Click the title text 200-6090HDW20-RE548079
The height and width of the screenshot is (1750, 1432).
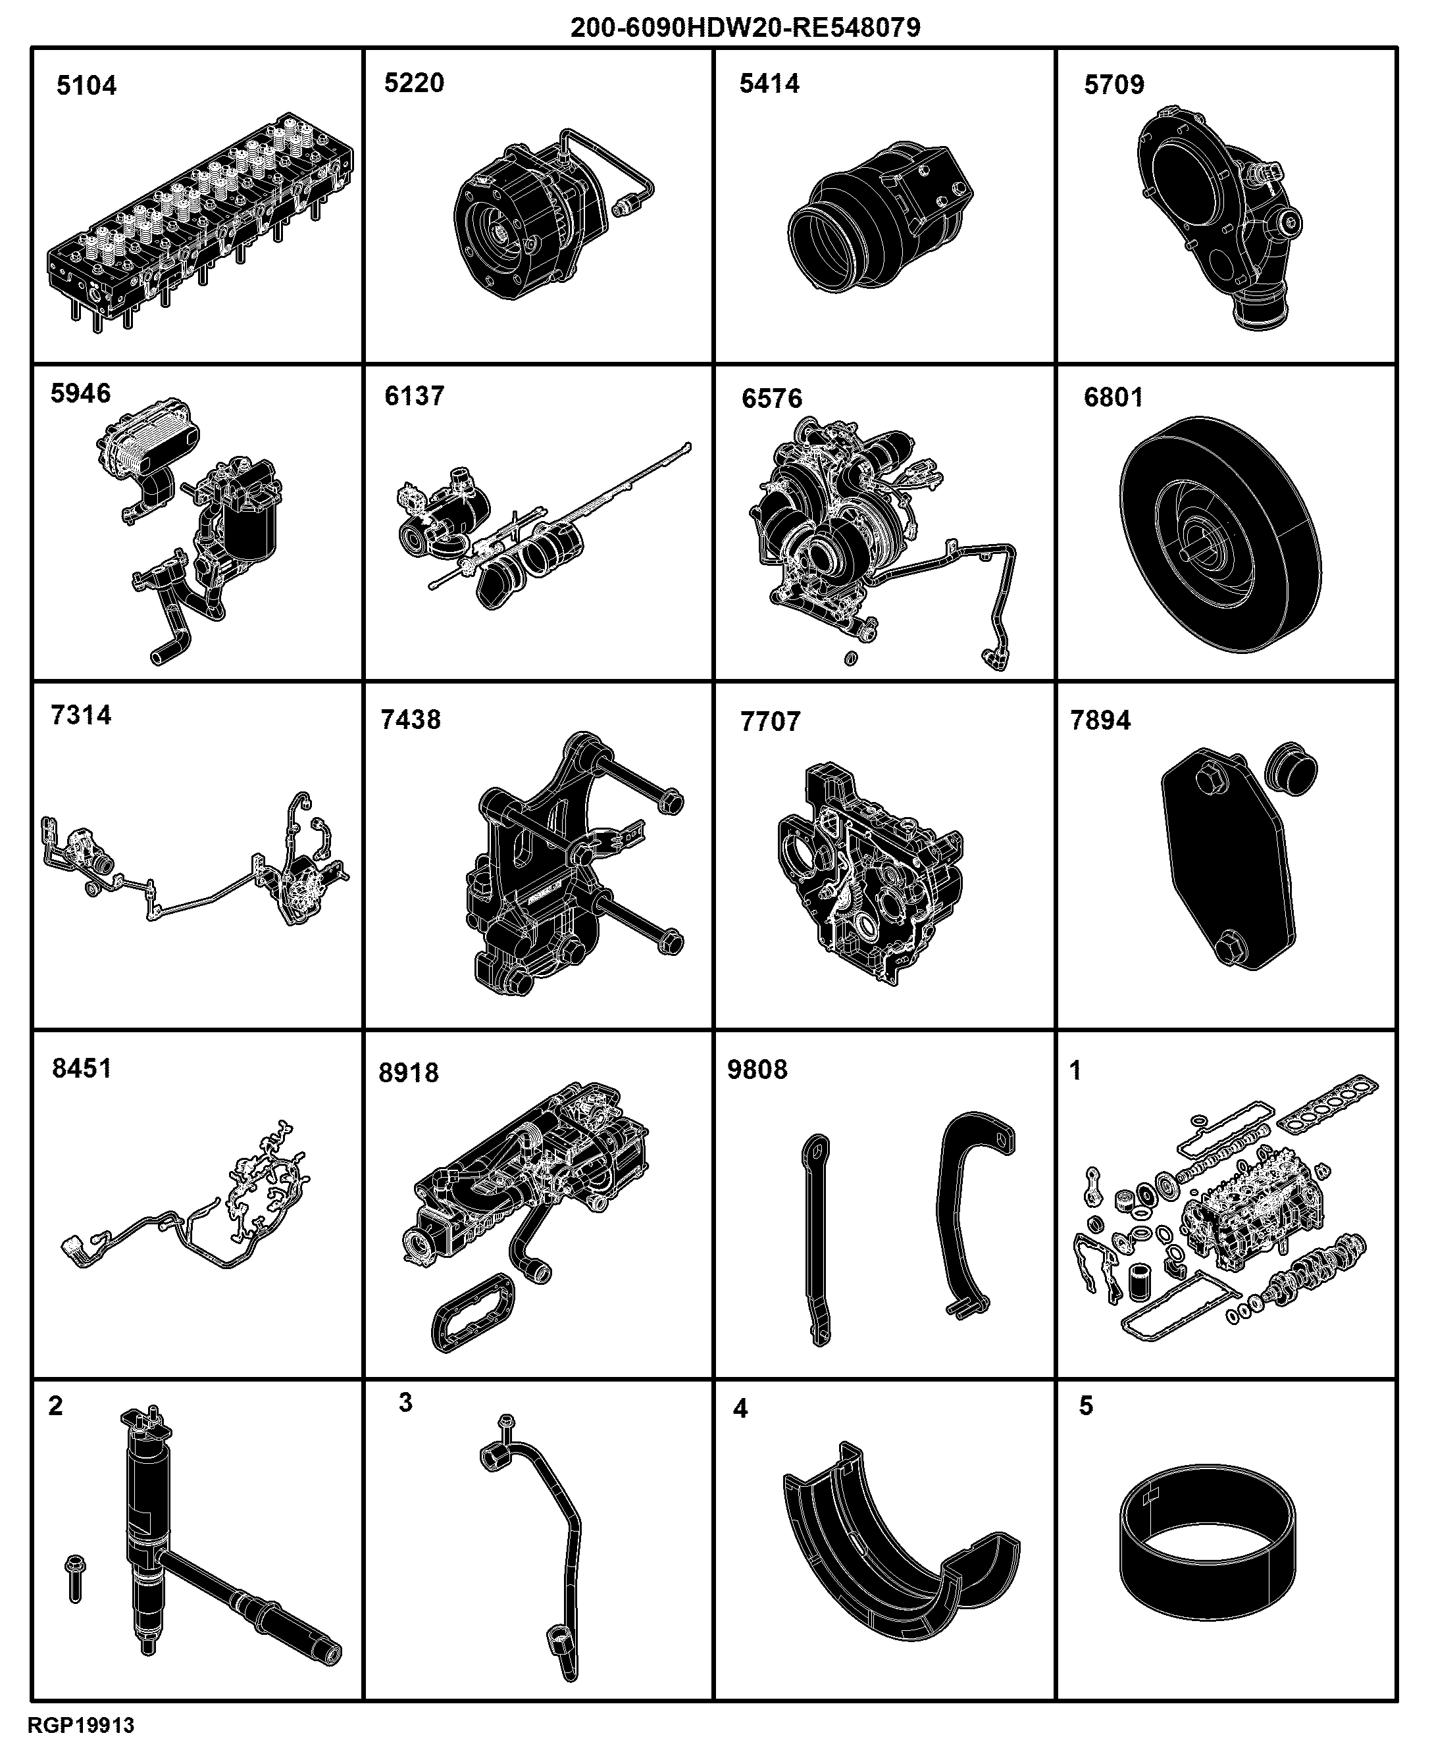[x=746, y=27]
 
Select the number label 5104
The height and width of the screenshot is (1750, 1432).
[x=87, y=86]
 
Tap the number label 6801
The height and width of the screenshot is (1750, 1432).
[x=1113, y=397]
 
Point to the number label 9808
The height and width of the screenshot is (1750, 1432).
[x=757, y=1070]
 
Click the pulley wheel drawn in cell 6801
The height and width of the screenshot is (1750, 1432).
[x=1221, y=534]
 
